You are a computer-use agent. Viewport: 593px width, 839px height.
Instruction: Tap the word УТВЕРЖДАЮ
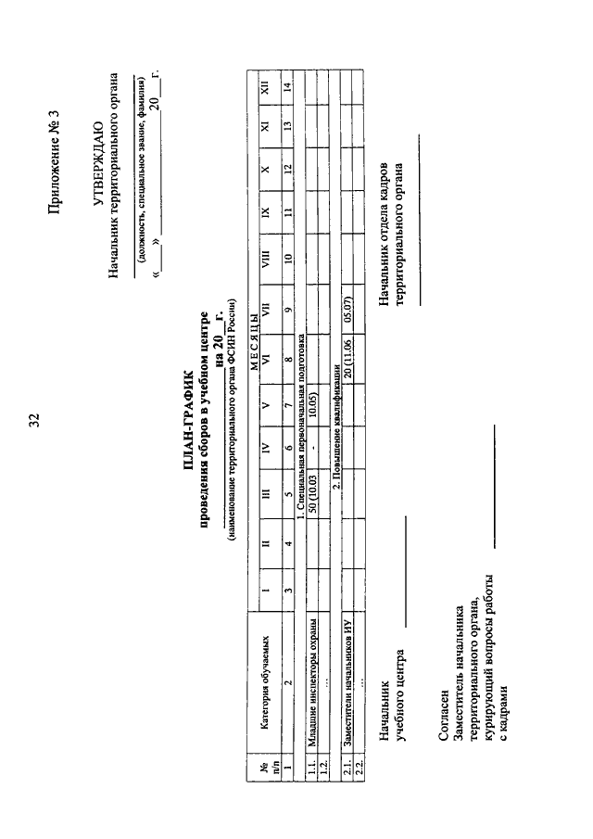[x=98, y=159]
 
